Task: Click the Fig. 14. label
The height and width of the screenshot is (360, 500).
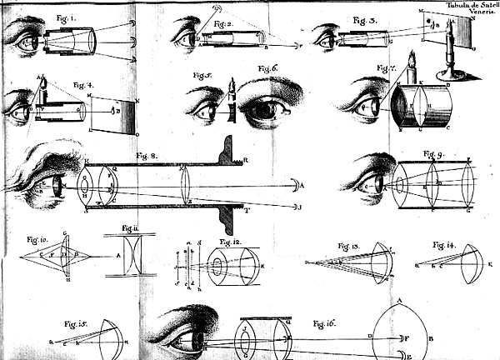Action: coord(443,244)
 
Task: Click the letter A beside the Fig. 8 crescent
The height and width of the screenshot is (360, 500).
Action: coord(302,185)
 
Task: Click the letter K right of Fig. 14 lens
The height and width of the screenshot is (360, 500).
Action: coord(491,264)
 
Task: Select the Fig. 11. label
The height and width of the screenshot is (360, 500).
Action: coord(130,227)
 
